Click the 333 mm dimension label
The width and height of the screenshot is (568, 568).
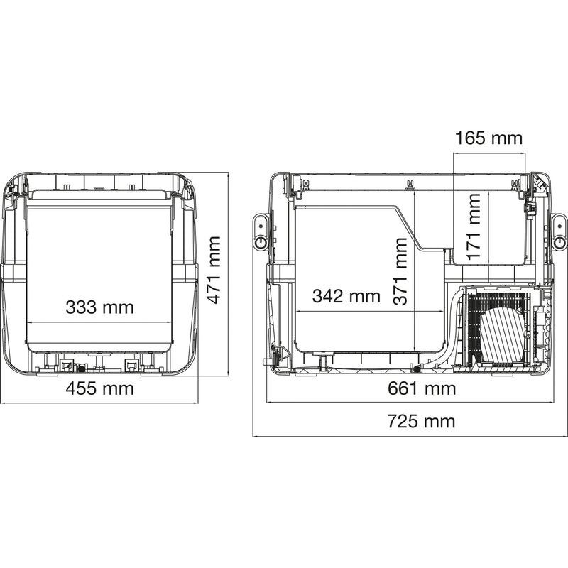[x=99, y=307]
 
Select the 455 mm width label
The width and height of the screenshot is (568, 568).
[x=99, y=388]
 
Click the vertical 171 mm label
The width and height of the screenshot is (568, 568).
[x=475, y=226]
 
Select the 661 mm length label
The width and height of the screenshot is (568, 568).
[x=422, y=388]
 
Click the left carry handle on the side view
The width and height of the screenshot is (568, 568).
[x=261, y=231]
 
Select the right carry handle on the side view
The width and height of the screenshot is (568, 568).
[x=560, y=231]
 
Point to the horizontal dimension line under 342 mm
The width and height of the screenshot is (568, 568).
[x=369, y=311]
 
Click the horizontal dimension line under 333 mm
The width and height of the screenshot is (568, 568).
[x=99, y=322]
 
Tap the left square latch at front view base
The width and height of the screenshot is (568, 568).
[x=67, y=365]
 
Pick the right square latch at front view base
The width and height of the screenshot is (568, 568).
[x=131, y=365]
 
